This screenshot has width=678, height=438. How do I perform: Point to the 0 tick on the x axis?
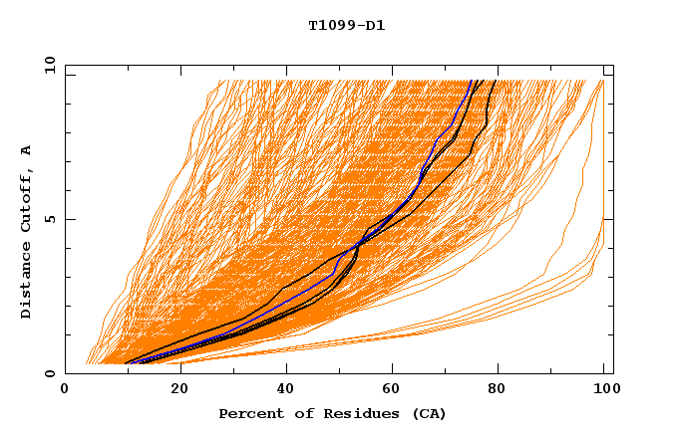coord(65,390)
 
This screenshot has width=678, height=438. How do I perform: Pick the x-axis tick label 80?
coord(497,390)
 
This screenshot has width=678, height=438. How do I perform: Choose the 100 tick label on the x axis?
coord(604,390)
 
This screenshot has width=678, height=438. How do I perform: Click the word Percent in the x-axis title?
coord(247,414)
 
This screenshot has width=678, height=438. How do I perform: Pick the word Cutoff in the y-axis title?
coord(27,204)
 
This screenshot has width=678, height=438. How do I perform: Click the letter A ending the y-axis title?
coord(27,150)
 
